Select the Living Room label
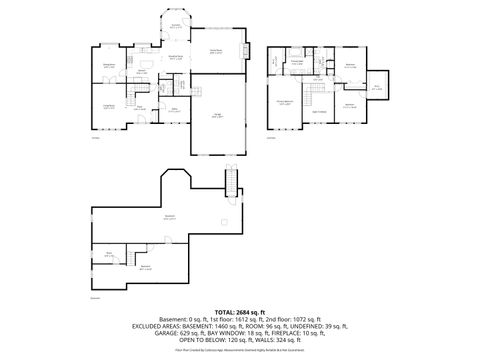pyautogui.click(x=109, y=104)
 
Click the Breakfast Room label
pyautogui.click(x=176, y=58)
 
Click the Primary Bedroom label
pyautogui.click(x=285, y=102)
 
